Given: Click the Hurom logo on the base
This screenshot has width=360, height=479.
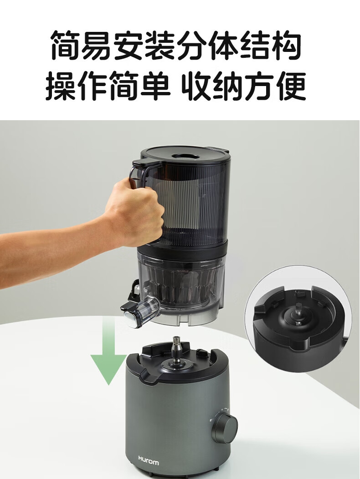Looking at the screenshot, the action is click(x=149, y=460).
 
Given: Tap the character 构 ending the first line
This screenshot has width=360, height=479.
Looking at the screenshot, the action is click(x=286, y=45).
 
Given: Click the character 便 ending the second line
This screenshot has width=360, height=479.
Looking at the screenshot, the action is click(x=291, y=86).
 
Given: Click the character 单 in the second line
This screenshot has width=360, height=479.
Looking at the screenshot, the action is click(x=155, y=86).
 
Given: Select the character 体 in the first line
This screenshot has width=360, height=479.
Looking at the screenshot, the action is click(x=223, y=45).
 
